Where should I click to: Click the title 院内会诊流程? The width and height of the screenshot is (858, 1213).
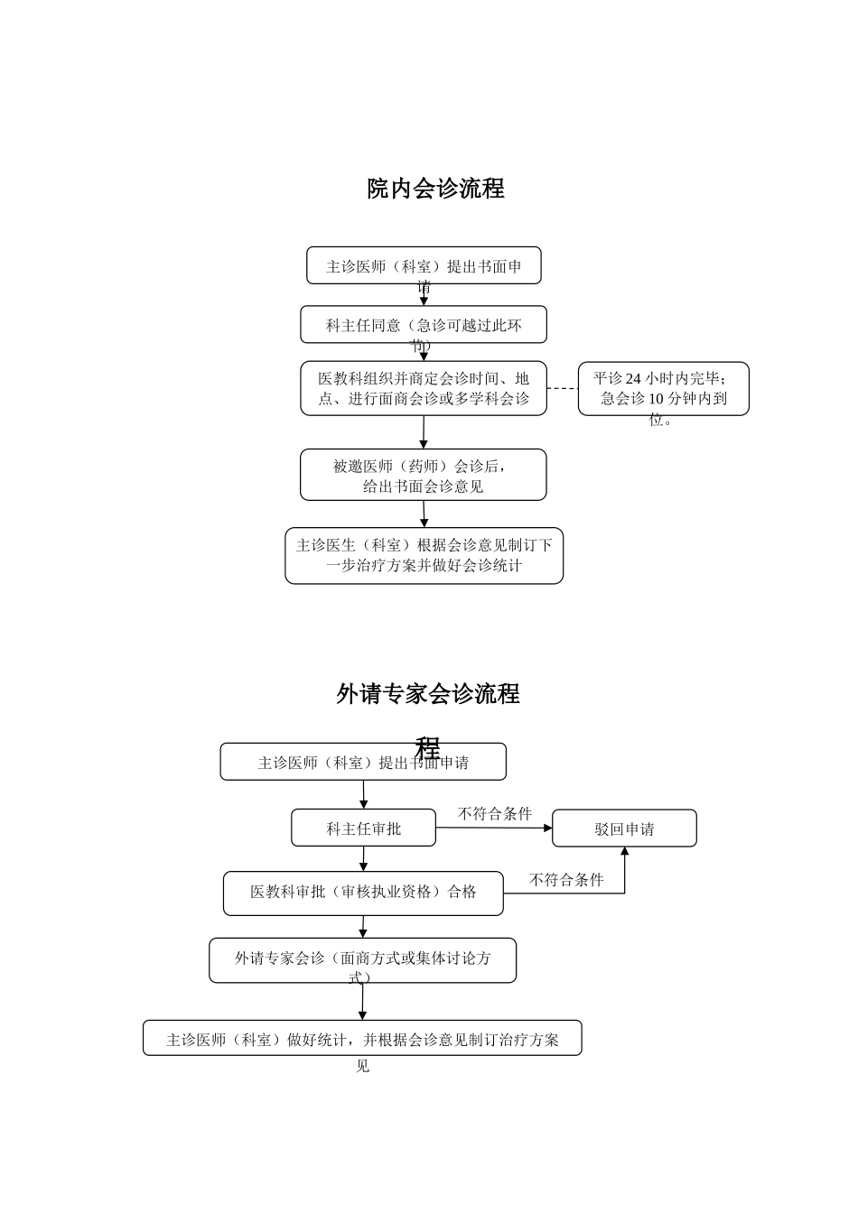[435, 189]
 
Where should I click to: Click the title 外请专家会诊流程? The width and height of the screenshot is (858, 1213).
[428, 694]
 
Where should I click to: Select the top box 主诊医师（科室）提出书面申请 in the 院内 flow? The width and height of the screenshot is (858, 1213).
[424, 265]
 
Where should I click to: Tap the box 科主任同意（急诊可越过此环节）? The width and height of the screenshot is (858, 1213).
[424, 324]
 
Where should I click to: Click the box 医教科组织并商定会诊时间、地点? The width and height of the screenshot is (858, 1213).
[424, 388]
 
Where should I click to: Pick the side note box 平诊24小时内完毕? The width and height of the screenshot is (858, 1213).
[663, 389]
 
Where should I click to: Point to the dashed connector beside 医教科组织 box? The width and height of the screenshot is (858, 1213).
[562, 388]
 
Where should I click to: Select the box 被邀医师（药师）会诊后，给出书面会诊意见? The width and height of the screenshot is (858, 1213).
[424, 475]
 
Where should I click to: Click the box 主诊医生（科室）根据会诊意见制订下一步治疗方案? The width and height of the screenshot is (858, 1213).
[424, 555]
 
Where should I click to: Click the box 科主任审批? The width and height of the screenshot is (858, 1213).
[363, 828]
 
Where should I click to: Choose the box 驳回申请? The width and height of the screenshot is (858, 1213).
[624, 829]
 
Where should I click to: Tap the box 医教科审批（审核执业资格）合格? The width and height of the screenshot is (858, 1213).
[363, 893]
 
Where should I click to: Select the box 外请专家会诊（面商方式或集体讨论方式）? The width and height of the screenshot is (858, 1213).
[363, 959]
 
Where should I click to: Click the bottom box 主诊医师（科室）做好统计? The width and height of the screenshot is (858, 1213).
[362, 1038]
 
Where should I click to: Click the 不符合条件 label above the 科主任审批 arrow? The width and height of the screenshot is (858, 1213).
[494, 813]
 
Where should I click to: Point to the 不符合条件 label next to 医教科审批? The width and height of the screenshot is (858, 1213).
[565, 879]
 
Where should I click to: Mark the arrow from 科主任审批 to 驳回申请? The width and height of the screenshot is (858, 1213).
[494, 828]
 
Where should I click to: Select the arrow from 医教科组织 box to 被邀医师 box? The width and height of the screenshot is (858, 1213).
[424, 432]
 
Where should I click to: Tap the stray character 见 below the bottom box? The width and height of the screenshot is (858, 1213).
[362, 1066]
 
